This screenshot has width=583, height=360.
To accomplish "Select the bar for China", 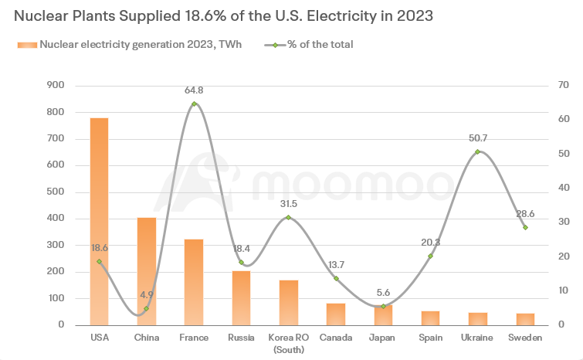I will pos(147,271).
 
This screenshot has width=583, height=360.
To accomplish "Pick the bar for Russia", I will pos(241,298).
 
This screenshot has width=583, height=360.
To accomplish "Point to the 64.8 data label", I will pos(194,91).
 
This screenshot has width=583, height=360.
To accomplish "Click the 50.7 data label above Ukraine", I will pos(477,138).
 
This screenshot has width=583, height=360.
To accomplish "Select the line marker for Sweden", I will pos(525,227).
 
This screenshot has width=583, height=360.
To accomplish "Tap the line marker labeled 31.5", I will pos(289,217).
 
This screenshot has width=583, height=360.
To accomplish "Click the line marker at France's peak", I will pos(194,104).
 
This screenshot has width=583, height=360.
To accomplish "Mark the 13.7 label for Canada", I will pos(336,265).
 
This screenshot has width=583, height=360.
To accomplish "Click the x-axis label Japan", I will pos(383,338).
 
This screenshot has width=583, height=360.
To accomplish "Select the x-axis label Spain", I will pos(430,338).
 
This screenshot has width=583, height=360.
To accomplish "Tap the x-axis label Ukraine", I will pos(477,338).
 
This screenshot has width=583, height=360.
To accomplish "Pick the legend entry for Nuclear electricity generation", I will pos(140,45).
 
